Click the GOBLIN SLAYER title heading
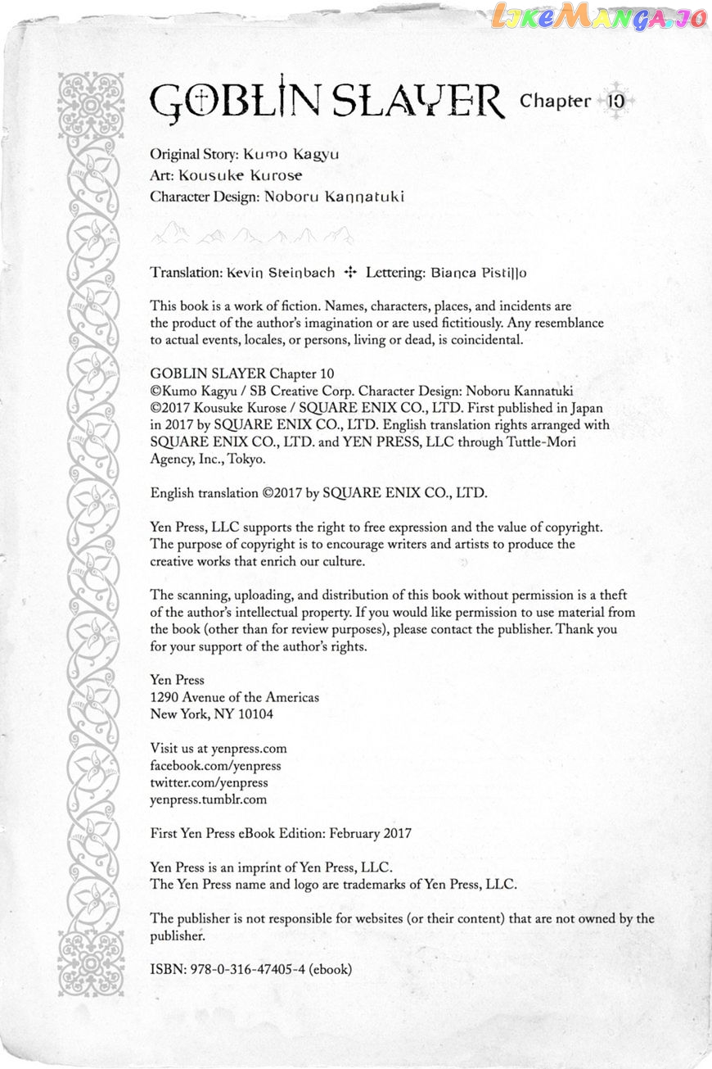pos(327,102)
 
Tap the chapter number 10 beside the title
pos(616,101)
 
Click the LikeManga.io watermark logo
pos(600,18)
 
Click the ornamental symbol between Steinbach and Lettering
pos(351,272)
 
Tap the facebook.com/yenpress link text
pos(215,765)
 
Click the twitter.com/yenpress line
pos(209,782)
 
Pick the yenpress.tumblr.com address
pos(209,799)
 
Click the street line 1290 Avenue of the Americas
pos(235,697)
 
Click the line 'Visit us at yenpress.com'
pos(219,748)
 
